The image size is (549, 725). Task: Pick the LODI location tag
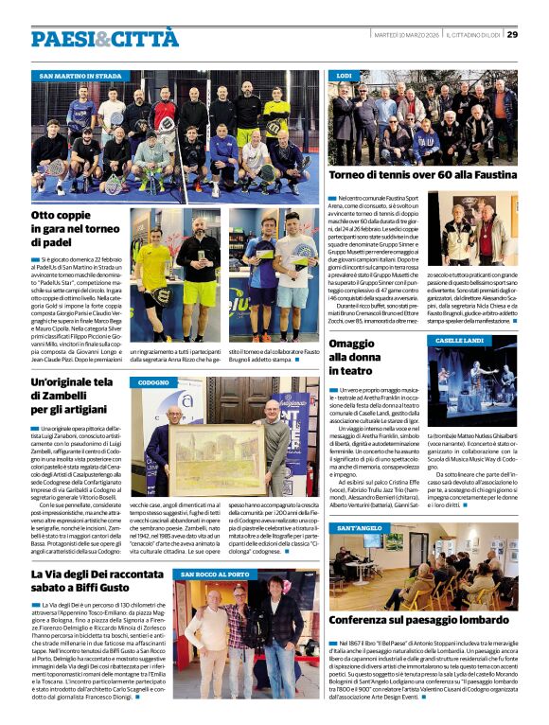345,75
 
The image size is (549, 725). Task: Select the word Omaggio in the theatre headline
352,344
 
